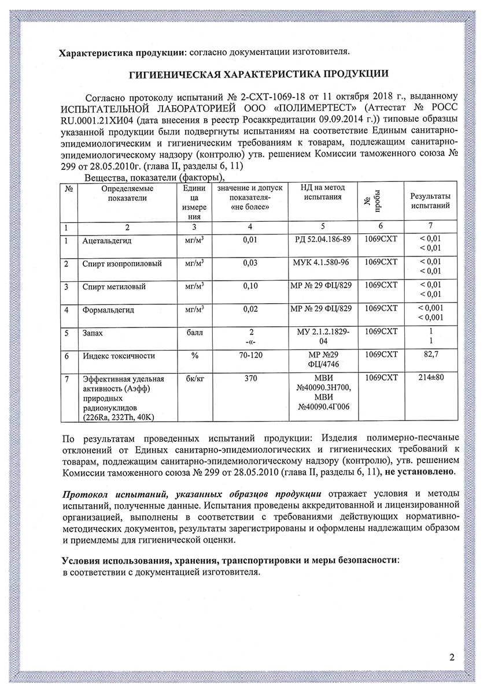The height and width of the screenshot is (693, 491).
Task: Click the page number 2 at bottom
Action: click(451, 657)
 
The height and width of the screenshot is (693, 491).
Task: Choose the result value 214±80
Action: click(430, 379)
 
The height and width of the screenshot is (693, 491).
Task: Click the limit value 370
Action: click(250, 379)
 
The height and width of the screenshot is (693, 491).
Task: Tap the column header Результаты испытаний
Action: click(430, 202)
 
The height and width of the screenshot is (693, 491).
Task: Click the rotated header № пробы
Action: click(367, 202)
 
